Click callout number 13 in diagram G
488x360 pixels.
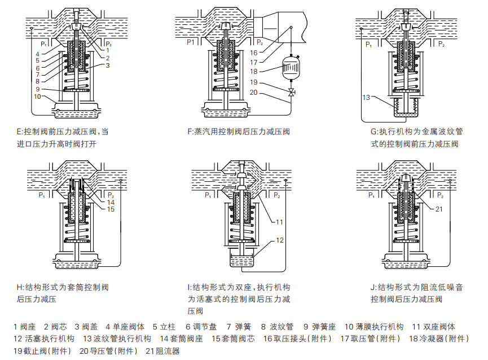(366, 98)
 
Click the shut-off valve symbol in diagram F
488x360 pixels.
(291, 93)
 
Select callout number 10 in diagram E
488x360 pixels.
(37, 96)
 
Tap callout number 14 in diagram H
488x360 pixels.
(111, 201)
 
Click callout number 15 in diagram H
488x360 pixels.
(111, 209)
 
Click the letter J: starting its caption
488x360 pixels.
(373, 287)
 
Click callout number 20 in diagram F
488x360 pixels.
(254, 93)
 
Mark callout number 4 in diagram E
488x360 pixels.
(37, 54)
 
